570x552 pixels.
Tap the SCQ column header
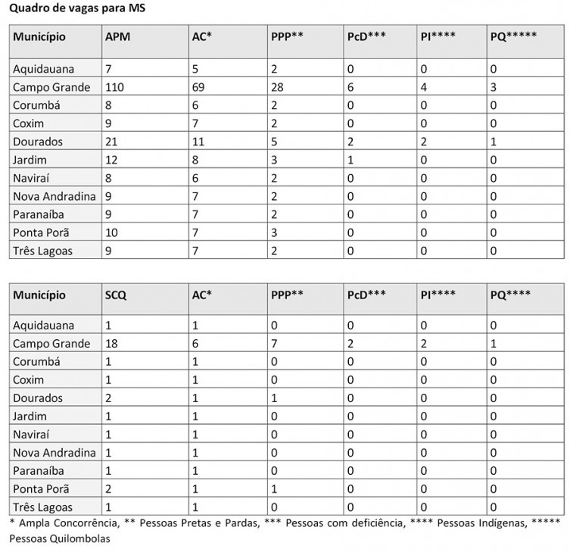click(x=115, y=295)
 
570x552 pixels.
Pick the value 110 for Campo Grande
click(x=115, y=87)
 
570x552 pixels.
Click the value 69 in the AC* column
click(x=199, y=87)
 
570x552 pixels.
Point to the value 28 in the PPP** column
click(x=278, y=87)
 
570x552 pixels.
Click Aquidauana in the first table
click(x=43, y=69)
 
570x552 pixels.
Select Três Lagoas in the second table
click(x=42, y=507)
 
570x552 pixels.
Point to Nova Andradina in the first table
click(x=54, y=196)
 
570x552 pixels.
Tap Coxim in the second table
click(x=29, y=380)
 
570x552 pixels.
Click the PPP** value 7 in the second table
click(x=274, y=344)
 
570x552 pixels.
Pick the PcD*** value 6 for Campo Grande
click(x=350, y=87)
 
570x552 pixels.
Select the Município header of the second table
click(x=39, y=295)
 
